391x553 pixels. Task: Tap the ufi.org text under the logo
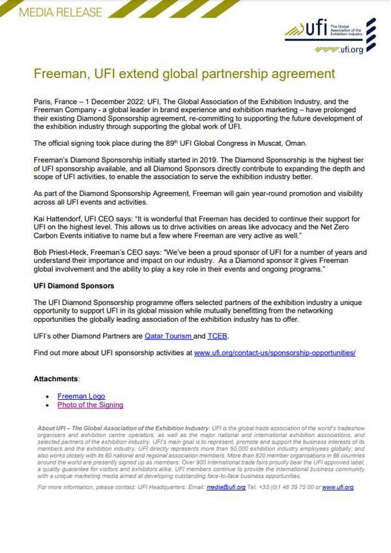pyautogui.click(x=352, y=49)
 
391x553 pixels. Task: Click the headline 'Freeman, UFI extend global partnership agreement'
pyautogui.click(x=184, y=74)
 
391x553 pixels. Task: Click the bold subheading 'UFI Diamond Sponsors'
pyautogui.click(x=74, y=286)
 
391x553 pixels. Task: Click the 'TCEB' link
pyautogui.click(x=218, y=335)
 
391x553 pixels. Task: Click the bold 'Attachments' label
pyautogui.click(x=56, y=378)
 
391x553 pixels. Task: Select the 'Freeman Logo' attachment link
pyautogui.click(x=81, y=396)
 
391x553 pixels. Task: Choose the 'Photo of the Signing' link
pyautogui.click(x=90, y=405)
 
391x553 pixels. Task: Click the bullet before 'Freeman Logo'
pyautogui.click(x=48, y=396)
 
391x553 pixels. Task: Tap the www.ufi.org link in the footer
pyautogui.click(x=338, y=487)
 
